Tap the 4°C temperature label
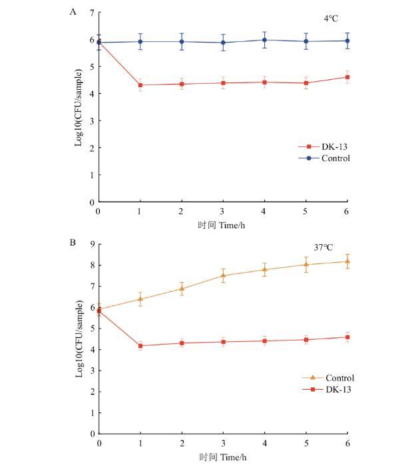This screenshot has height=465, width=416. [331, 19]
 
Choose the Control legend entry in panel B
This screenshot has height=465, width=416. [330, 378]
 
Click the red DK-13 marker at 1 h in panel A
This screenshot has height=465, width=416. [140, 85]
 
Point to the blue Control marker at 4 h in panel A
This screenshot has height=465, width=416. [264, 40]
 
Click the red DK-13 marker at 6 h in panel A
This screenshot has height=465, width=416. [347, 77]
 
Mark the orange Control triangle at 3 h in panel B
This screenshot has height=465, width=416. [223, 275]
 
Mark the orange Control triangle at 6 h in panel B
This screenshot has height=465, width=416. [347, 261]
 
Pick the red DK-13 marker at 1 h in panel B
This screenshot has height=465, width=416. [140, 346]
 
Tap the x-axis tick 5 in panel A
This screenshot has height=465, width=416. [306, 211]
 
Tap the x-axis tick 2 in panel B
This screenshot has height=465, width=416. [182, 442]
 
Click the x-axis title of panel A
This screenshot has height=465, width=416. [222, 225]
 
